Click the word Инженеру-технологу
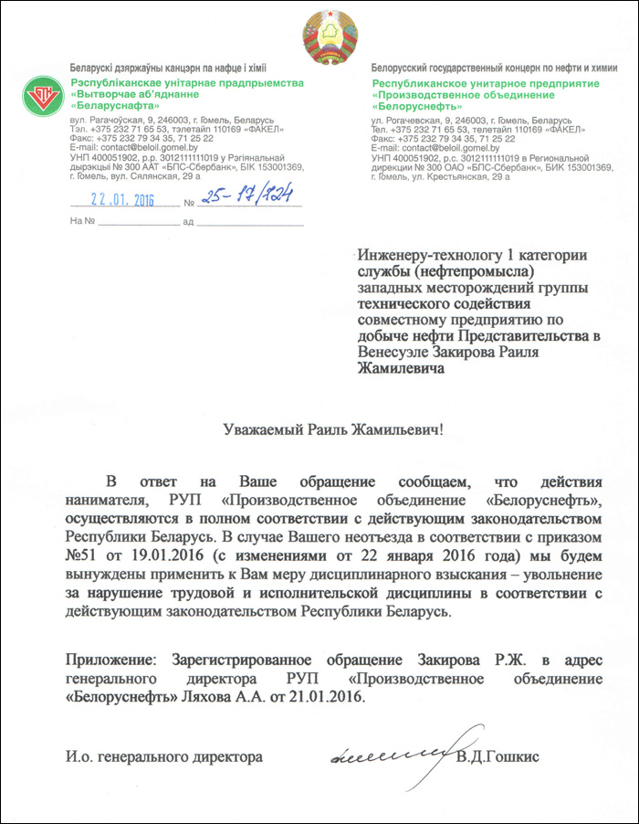click(x=423, y=255)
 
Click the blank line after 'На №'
click(x=140, y=222)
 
